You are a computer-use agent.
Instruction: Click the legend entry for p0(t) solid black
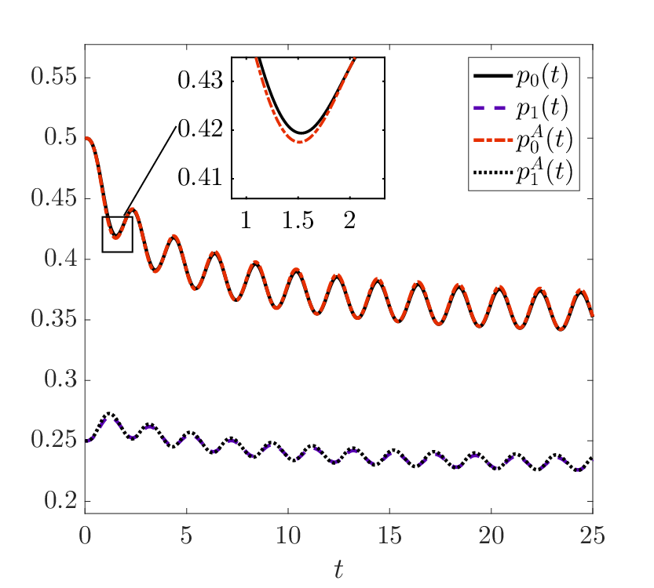pos(521,76)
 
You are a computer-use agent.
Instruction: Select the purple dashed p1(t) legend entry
pos(521,108)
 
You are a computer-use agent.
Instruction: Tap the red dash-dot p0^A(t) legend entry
pos(523,140)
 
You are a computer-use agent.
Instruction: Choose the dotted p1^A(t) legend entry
pos(523,172)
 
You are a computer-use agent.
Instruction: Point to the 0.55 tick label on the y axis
pos(54,78)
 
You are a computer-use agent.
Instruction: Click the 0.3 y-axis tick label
pos(61,380)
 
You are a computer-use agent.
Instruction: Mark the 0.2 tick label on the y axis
pos(61,501)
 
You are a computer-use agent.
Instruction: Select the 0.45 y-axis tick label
pos(54,198)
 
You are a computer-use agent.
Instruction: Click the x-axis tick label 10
pos(288,535)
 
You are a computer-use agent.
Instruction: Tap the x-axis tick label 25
pos(593,535)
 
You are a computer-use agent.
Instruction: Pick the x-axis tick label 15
pos(389,535)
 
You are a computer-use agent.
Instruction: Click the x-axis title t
pos(338,570)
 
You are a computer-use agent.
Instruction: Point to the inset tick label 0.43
pos(201,81)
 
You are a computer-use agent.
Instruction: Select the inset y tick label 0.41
pos(201,178)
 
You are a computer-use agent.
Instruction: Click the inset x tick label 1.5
pos(298,221)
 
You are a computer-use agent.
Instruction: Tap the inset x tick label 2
pos(350,221)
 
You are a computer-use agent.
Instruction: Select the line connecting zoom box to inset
pos(150,171)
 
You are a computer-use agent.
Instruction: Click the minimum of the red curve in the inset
pos(299,143)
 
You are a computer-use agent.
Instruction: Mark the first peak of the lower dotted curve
pos(109,413)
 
